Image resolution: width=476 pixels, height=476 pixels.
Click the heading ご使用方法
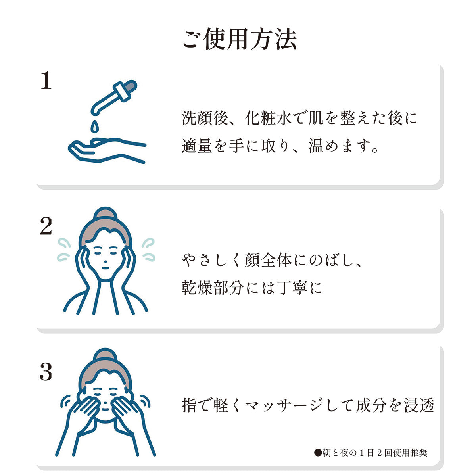(x=239, y=39)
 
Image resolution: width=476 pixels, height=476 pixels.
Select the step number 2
(x=46, y=226)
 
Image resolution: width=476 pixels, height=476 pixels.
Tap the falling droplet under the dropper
(x=94, y=127)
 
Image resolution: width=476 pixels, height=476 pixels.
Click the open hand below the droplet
(x=107, y=151)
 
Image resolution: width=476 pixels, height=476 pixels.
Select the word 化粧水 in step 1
(x=269, y=118)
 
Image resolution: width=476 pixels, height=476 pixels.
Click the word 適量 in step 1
(x=197, y=146)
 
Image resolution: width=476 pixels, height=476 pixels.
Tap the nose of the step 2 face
(x=106, y=261)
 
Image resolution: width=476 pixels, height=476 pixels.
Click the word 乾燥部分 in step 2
(x=213, y=288)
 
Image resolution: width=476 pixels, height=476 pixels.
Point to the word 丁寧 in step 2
(x=292, y=288)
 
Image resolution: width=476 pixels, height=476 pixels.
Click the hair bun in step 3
(x=106, y=355)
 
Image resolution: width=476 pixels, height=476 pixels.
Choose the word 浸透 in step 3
(x=419, y=405)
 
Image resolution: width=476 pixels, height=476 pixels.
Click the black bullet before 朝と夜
(x=318, y=453)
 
